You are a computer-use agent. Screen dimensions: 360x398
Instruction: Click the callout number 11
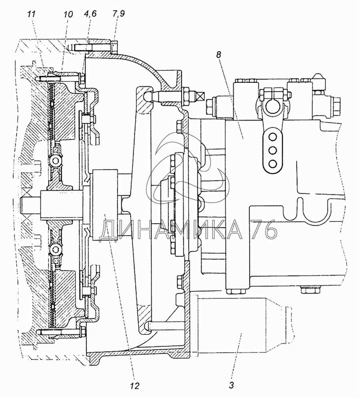click(x=32, y=14)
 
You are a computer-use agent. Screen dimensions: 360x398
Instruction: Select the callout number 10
click(x=68, y=14)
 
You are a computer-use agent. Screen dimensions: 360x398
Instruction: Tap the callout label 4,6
click(x=90, y=14)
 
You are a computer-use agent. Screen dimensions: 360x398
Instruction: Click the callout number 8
click(x=219, y=54)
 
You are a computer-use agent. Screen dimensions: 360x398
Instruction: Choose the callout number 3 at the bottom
click(x=231, y=385)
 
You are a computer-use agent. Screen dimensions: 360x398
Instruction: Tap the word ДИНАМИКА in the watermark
click(x=171, y=230)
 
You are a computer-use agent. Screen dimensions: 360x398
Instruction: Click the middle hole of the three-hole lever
click(x=273, y=150)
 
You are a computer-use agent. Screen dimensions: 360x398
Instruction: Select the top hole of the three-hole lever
click(x=273, y=137)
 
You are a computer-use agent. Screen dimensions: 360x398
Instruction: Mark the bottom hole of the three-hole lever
click(x=273, y=164)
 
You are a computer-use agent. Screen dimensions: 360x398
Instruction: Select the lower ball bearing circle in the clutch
click(x=55, y=249)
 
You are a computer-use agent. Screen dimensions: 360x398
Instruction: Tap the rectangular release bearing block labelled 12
click(x=105, y=205)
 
